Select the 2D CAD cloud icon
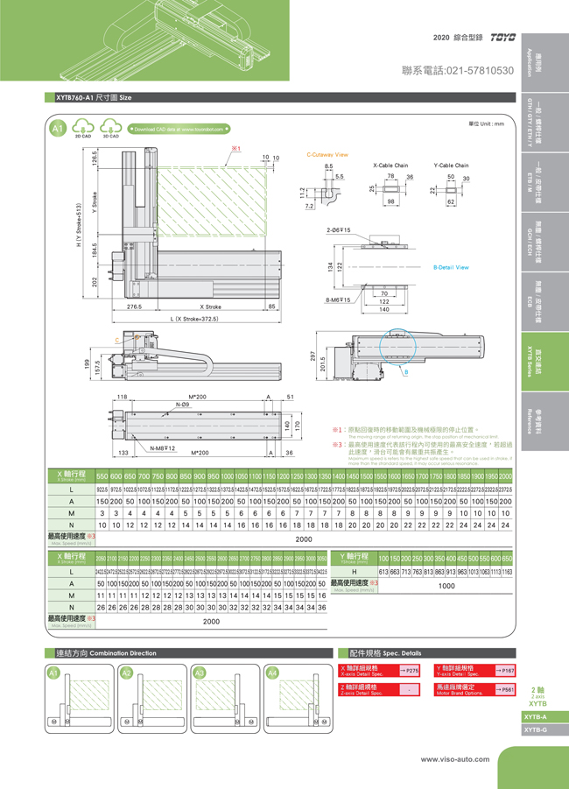click(84, 130)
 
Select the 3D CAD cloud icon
click(111, 130)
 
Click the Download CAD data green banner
click(179, 129)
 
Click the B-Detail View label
click(450, 267)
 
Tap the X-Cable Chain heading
click(390, 166)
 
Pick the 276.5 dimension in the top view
click(136, 307)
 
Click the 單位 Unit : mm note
click(487, 123)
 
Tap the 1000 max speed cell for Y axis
click(446, 585)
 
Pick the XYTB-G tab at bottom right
click(537, 729)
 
